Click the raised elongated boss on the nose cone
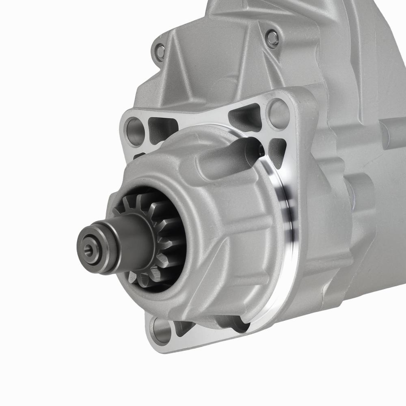227,156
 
